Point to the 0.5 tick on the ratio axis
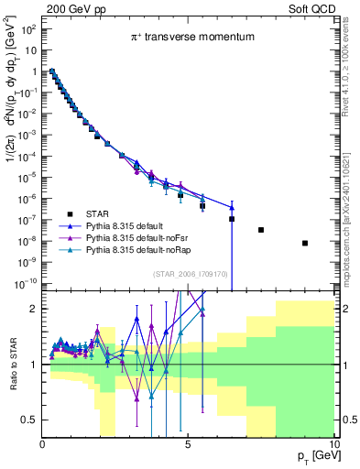29,420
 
